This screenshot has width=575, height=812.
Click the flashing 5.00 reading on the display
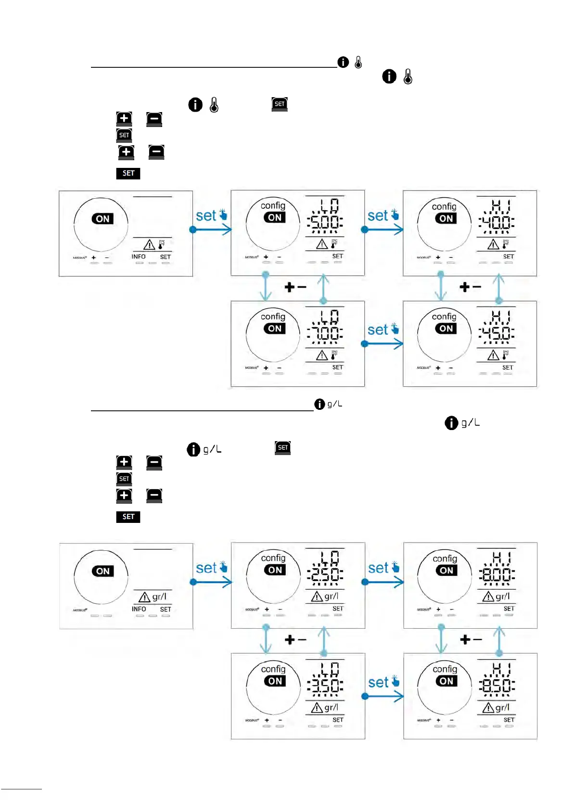(325, 222)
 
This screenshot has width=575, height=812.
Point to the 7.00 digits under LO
(325, 333)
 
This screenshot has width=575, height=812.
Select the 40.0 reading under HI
(497, 222)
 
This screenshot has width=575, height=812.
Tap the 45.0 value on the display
(497, 333)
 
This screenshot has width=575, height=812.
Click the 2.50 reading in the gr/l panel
(325, 575)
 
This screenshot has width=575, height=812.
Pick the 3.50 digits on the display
(325, 685)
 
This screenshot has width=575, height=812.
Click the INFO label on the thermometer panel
(139, 257)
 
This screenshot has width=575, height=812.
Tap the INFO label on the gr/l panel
(139, 609)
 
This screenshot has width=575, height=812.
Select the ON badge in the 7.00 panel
(275, 329)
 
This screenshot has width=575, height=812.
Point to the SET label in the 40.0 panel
(509, 256)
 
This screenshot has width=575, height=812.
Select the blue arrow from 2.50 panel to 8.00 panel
(383, 582)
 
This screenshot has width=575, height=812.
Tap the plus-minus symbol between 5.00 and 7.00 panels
(295, 288)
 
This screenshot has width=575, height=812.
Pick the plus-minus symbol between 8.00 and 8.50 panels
(470, 640)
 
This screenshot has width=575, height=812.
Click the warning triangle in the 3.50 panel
(317, 708)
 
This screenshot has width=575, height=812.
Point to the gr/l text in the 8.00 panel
(502, 596)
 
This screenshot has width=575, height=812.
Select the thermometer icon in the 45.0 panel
(505, 355)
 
